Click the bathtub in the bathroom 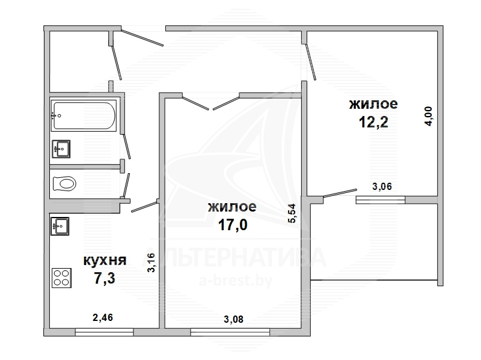click(x=84, y=115)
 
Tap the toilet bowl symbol click(x=64, y=184)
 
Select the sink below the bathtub click(x=61, y=149)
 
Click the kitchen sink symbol click(x=60, y=227)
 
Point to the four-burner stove click(x=62, y=278)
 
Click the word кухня click(x=105, y=261)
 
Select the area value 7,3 click(x=105, y=279)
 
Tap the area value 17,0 click(x=233, y=225)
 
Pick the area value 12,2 click(x=373, y=122)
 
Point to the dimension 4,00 click(x=429, y=116)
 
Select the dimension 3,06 click(x=382, y=186)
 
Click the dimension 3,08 click(x=234, y=320)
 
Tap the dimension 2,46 click(x=103, y=317)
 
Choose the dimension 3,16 click(x=152, y=263)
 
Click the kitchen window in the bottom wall click(x=104, y=332)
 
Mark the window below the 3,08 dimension click(x=230, y=332)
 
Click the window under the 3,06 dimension click(x=381, y=200)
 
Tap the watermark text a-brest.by click(x=236, y=281)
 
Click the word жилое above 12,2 click(x=373, y=104)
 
